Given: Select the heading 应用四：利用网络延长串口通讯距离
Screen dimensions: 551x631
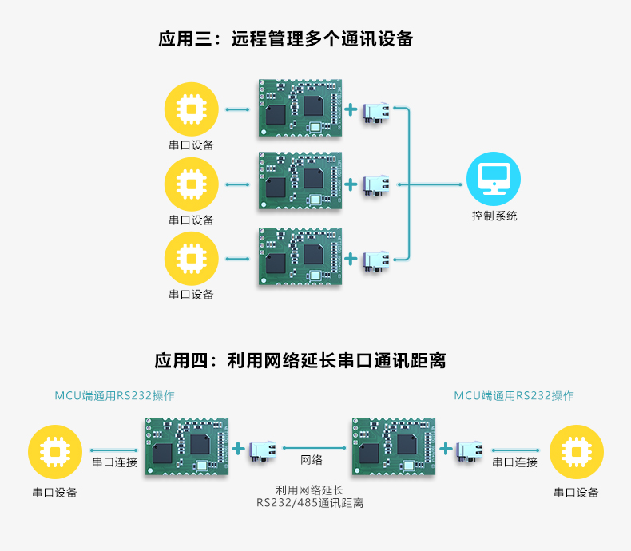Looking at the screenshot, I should click(300, 360).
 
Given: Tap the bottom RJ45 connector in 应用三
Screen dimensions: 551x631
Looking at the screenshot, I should click(376, 260).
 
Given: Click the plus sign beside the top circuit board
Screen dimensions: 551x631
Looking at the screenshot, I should click(351, 109).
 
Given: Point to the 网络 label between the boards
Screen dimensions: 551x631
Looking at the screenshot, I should click(312, 461).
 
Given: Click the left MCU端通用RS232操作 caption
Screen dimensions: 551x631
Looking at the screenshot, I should click(114, 395).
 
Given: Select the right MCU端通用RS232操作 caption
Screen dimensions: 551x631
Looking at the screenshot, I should click(514, 395).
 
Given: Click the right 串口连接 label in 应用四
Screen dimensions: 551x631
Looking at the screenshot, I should click(514, 462).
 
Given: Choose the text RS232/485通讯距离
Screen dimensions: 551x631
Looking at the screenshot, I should click(310, 503).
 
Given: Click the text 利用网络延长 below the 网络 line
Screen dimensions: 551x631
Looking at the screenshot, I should click(310, 490).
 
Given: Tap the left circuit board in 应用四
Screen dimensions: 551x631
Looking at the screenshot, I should click(187, 448).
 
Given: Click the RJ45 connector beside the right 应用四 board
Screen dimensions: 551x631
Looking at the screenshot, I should click(469, 450).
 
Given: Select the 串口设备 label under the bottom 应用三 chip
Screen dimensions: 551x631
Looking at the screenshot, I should click(191, 294).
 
